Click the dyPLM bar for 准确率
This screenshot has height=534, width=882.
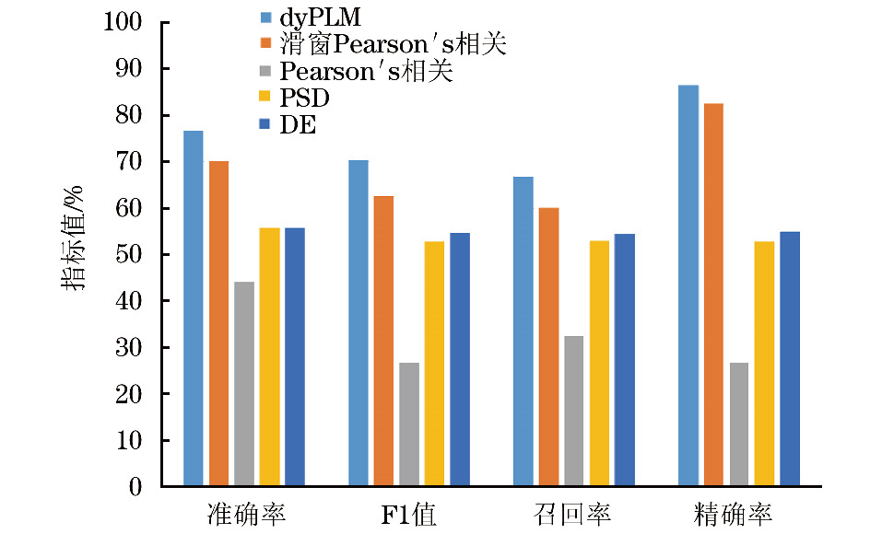click(x=193, y=308)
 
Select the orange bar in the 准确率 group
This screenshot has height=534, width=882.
click(x=218, y=323)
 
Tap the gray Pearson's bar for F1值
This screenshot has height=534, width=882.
click(x=408, y=424)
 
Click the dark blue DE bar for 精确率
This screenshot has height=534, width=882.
click(x=789, y=359)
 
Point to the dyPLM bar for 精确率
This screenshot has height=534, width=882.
click(x=688, y=285)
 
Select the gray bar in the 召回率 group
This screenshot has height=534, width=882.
click(x=573, y=411)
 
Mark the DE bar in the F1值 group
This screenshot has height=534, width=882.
click(x=459, y=359)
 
